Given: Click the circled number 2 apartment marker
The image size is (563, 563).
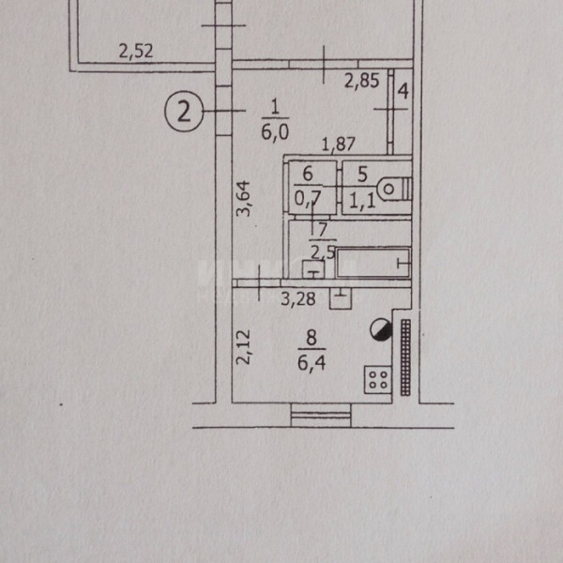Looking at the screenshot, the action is [x=184, y=112].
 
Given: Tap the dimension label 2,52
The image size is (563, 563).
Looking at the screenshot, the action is [x=136, y=51].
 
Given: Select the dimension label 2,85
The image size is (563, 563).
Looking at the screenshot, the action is [x=361, y=81].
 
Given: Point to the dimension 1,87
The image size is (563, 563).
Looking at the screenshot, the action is [x=338, y=145].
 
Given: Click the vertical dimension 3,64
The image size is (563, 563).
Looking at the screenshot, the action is [x=243, y=199].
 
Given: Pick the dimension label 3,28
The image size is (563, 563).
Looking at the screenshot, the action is [x=298, y=298].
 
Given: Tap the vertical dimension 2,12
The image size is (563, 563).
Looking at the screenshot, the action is [x=243, y=347].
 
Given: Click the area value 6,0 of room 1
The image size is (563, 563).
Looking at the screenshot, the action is [x=275, y=132].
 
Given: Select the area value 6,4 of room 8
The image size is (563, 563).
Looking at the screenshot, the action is [x=312, y=363].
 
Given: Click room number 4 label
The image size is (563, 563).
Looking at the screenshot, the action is [x=403, y=91].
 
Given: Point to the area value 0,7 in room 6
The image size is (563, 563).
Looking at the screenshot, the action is [x=308, y=199].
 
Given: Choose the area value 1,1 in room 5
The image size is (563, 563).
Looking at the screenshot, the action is [x=362, y=202].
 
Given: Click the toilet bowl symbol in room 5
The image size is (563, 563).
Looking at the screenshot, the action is [x=394, y=189].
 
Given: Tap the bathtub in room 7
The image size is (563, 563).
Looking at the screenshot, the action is [x=373, y=263].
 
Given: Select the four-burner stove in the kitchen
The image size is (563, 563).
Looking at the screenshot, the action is [x=378, y=379].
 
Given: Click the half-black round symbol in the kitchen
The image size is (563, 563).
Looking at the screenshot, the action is [x=381, y=330].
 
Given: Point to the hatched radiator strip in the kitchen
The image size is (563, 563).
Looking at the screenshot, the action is [x=405, y=358].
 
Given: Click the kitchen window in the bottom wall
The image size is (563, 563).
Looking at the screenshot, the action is [x=321, y=416].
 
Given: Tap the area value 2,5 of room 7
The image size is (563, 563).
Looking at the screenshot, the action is [x=323, y=252].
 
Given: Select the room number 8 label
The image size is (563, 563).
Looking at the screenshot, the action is [x=312, y=338].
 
